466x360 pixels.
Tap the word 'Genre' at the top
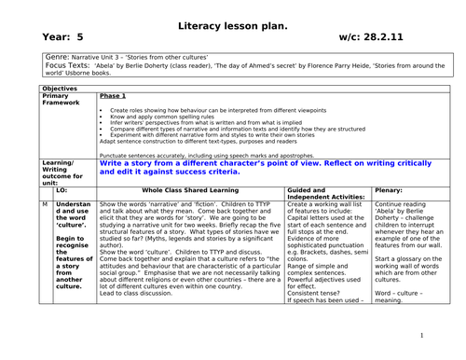pos(56,56)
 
